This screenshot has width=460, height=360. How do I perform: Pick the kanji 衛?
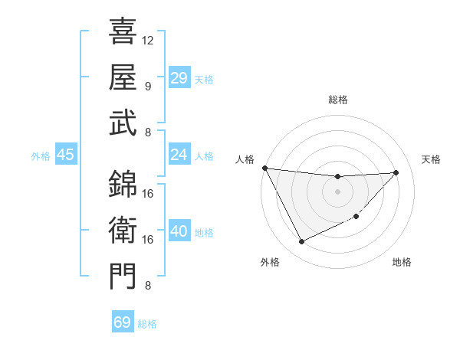pyautogui.click(x=123, y=230)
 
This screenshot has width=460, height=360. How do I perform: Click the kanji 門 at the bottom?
pyautogui.click(x=123, y=277)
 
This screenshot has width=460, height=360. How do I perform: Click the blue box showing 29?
pyautogui.click(x=179, y=78)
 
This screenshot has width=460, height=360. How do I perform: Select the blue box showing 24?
pyautogui.click(x=179, y=155)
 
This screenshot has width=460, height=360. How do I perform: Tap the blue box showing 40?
pyautogui.click(x=179, y=231)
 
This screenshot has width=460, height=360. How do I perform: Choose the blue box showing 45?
pyautogui.click(x=65, y=155)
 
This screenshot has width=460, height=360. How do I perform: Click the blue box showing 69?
pyautogui.click(x=123, y=322)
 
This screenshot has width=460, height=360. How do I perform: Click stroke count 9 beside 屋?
pyautogui.click(x=148, y=86)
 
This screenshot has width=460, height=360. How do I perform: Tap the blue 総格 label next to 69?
pyautogui.click(x=147, y=324)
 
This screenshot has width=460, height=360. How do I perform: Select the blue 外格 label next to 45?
pyautogui.click(x=41, y=156)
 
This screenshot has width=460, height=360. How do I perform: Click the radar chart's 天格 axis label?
pyautogui.click(x=431, y=159)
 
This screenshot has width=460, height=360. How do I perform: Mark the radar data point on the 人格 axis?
pyautogui.click(x=265, y=168)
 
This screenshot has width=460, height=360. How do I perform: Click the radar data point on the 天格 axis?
pyautogui.click(x=396, y=172)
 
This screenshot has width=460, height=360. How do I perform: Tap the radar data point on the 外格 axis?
pyautogui.click(x=301, y=242)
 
